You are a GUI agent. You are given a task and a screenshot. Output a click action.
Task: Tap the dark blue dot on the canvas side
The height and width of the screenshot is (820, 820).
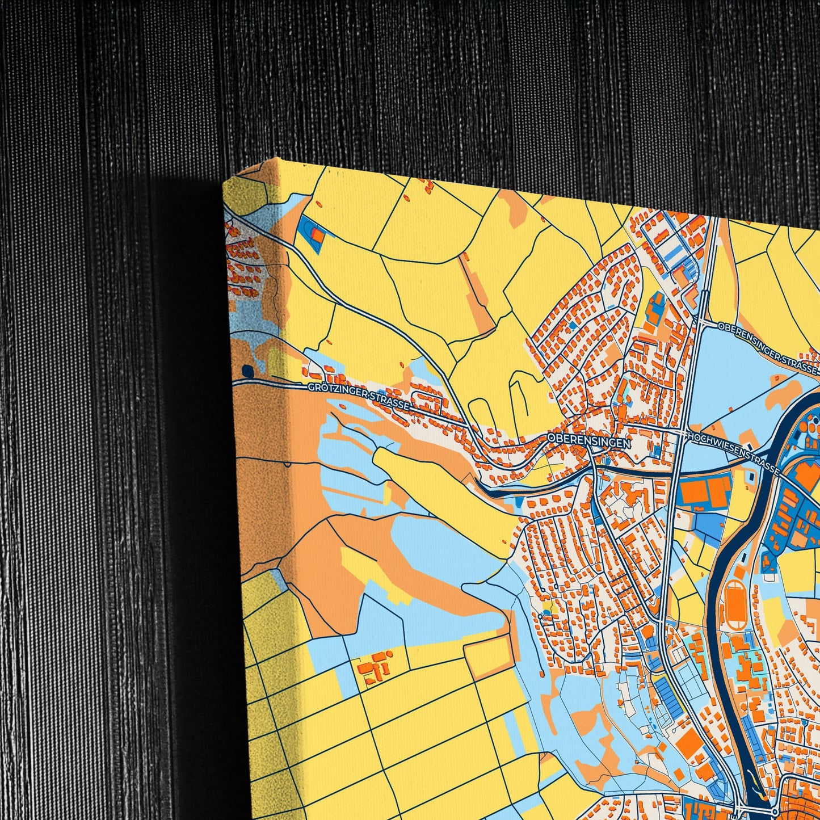(247, 371)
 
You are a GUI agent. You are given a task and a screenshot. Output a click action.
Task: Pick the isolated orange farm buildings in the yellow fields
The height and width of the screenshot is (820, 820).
(375, 667)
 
